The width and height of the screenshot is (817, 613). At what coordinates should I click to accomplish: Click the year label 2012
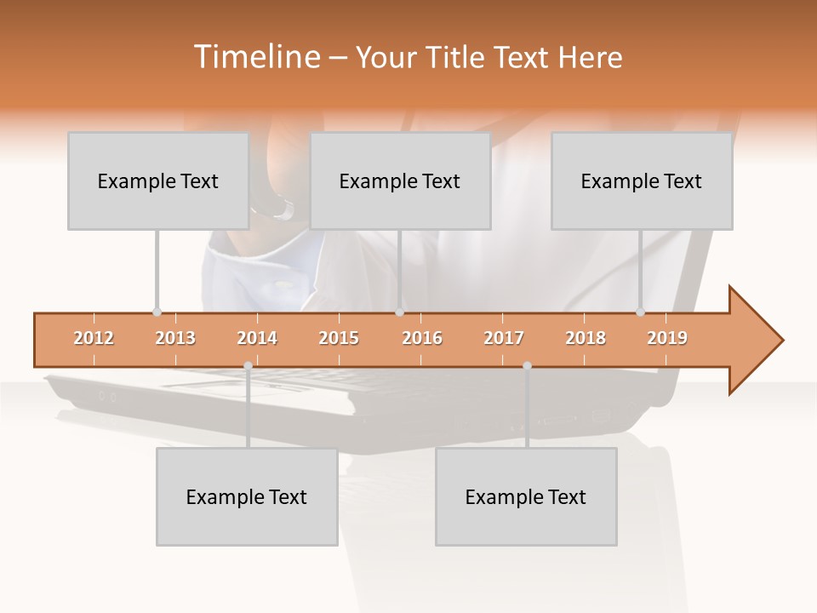coord(94,338)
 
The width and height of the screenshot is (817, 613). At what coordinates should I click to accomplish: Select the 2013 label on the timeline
coord(175,338)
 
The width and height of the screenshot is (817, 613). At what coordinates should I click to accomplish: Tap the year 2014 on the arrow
coord(257,338)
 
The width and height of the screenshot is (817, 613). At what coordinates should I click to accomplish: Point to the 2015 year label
coord(339,338)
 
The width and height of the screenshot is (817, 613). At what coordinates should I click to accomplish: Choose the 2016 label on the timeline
coord(422,338)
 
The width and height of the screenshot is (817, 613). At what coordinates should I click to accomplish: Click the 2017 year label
coord(504,338)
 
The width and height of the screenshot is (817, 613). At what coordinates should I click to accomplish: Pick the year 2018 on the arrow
coord(586,338)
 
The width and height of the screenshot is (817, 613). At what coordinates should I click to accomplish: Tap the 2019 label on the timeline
coord(667,338)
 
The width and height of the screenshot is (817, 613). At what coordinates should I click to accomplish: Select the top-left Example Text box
coord(158,180)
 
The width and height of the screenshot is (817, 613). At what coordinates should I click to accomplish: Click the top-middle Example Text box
coord(400,180)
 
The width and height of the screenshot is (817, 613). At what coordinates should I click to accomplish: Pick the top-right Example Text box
coord(642,180)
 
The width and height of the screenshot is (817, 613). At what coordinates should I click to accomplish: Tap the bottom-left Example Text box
coord(247,496)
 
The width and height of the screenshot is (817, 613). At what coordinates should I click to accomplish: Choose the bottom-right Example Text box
coord(526,496)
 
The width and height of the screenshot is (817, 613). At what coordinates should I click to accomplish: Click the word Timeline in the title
coord(255,57)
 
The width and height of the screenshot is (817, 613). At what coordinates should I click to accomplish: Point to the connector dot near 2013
coord(157,312)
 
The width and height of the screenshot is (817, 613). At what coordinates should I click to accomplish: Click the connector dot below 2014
coord(248,365)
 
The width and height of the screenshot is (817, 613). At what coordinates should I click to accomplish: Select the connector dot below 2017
coord(527,365)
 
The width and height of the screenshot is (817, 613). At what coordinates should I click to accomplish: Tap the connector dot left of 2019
coord(640,312)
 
